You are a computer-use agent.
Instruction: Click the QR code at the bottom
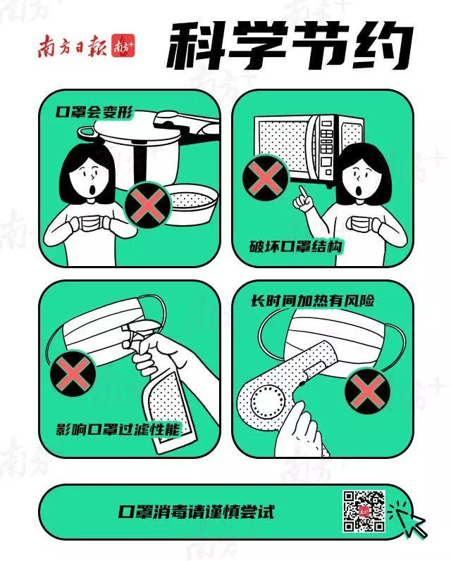pyautogui.click(x=364, y=511)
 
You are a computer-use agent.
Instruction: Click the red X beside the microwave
pyautogui.click(x=266, y=178)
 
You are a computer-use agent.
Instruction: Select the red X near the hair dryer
pyautogui.click(x=368, y=391)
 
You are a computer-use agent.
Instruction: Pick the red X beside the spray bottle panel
pyautogui.click(x=73, y=373)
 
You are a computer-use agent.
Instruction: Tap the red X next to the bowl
pyautogui.click(x=147, y=205)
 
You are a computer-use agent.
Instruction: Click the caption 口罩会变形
pyautogui.click(x=94, y=113)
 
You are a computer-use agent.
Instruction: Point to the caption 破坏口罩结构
pyautogui.click(x=296, y=246)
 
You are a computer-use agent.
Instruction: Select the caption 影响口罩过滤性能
pyautogui.click(x=118, y=429)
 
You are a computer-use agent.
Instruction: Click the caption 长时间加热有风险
pyautogui.click(x=312, y=301)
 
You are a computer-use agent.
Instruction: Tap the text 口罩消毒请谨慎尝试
pyautogui.click(x=197, y=512)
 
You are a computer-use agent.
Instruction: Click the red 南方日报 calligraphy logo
pyautogui.click(x=72, y=46)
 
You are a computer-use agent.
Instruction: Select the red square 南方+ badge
pyautogui.click(x=123, y=46)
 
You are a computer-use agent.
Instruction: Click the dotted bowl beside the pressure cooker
pyautogui.click(x=192, y=205)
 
